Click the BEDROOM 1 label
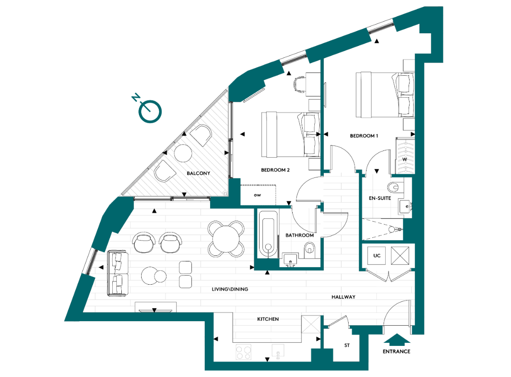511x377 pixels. click(364, 136)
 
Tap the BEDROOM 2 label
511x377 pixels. click(275, 170)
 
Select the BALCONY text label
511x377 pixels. click(198, 173)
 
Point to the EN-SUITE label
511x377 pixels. click(379, 198)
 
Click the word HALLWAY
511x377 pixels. click(343, 297)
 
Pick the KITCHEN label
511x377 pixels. click(268, 319)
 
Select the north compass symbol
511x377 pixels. click(149, 111)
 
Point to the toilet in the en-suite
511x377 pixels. click(394, 186)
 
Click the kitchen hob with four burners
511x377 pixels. click(244, 352)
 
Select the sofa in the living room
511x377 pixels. click(117, 273)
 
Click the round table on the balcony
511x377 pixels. click(184, 154)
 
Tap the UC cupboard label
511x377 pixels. click(377, 256)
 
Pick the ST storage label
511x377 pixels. click(347, 346)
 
